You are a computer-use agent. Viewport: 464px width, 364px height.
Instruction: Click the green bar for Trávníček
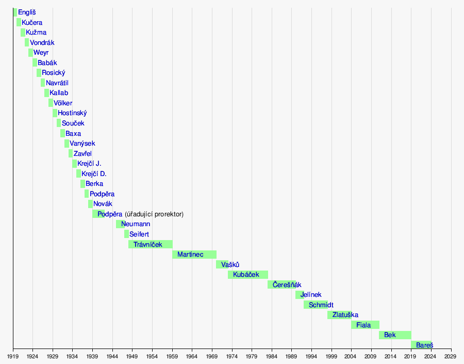(151, 244)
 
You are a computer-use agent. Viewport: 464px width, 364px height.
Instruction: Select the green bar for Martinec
(194, 255)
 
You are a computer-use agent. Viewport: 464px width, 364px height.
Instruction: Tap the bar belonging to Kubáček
(248, 275)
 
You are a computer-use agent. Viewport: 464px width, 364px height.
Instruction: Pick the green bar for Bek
(395, 335)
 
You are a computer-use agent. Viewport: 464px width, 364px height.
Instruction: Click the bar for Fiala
(365, 325)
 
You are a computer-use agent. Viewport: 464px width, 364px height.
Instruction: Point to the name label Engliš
(27, 12)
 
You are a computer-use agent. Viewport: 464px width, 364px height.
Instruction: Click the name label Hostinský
(72, 113)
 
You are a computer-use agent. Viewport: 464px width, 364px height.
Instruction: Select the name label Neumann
(136, 224)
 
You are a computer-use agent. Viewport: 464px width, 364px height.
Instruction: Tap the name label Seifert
(139, 234)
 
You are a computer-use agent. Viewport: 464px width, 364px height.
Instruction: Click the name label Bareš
(425, 345)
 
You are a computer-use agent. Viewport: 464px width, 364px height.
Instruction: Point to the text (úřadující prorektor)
(154, 214)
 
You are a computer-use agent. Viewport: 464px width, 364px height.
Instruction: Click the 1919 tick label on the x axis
(13, 356)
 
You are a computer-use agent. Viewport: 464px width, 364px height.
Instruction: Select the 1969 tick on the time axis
(212, 356)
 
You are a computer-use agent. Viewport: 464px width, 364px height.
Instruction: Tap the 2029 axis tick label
(451, 356)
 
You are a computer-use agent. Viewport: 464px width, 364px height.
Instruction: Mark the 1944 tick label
(112, 356)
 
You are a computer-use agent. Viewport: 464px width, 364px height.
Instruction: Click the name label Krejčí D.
(94, 174)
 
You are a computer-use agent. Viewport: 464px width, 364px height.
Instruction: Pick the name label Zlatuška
(345, 315)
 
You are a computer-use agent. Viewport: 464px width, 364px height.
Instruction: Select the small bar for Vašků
(222, 264)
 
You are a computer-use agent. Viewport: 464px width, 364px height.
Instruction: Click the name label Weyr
(41, 53)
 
